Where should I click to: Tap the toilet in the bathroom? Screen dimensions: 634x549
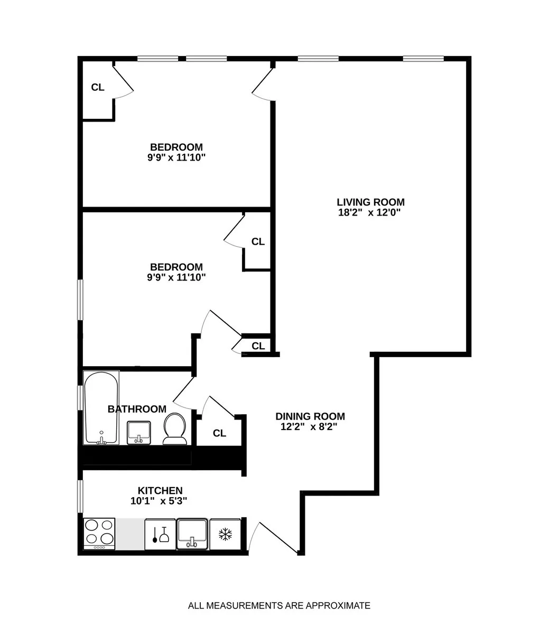coord(174,428)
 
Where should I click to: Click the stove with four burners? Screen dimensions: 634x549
coord(99,533)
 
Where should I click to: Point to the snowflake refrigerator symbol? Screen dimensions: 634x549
coord(226,534)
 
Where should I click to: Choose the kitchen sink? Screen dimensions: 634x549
coord(192,534)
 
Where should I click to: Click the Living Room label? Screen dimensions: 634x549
coord(370,202)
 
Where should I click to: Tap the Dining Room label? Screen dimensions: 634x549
coord(310,416)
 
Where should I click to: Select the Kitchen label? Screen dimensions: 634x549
coord(160,490)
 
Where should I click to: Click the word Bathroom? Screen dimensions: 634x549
coord(137,409)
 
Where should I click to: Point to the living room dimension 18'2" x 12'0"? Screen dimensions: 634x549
coord(370,213)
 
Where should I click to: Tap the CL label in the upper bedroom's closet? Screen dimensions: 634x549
coord(98,87)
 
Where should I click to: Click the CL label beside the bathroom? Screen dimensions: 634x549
coord(219,433)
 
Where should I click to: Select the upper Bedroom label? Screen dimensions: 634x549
coord(176,147)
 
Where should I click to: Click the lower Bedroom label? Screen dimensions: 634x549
coord(176,267)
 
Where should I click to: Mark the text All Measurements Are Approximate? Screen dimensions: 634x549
coord(279,605)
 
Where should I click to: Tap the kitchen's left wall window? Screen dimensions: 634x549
coord(80,496)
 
